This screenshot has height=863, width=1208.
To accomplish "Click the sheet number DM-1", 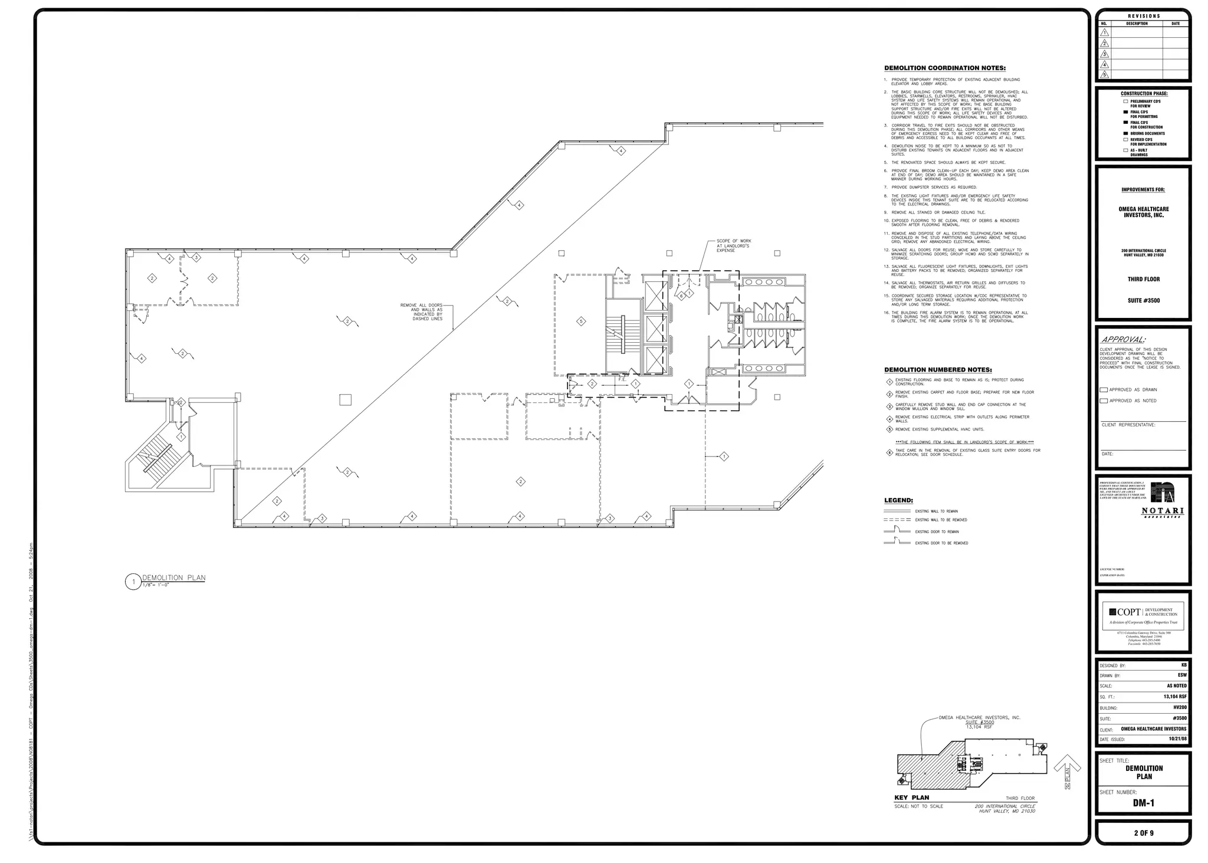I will [x=1143, y=803].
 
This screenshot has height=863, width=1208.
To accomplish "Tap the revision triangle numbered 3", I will [x=1105, y=54].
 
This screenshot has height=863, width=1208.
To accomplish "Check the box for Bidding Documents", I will [x=1125, y=134].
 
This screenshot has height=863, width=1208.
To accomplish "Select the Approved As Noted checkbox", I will [x=1104, y=401].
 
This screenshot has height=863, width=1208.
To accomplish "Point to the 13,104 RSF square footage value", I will [x=1175, y=697].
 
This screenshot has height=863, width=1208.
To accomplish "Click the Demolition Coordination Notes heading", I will [x=945, y=68].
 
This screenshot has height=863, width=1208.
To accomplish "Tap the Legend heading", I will [x=898, y=500].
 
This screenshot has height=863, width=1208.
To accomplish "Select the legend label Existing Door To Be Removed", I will [x=941, y=543].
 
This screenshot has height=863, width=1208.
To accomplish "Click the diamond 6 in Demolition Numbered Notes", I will [x=889, y=452].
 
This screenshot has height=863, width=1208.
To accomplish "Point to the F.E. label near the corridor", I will [x=622, y=379].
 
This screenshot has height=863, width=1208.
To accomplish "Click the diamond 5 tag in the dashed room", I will [x=581, y=321].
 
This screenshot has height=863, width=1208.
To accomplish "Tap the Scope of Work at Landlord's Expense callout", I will [x=733, y=245].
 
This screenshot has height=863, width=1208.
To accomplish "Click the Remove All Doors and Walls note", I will [x=421, y=312].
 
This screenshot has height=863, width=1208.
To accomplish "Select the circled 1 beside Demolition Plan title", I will [x=133, y=582].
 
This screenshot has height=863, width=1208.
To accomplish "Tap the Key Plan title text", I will [x=912, y=798].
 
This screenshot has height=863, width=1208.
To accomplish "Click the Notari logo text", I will [x=1162, y=511].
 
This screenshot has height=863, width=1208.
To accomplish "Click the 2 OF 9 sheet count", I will [x=1143, y=833].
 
